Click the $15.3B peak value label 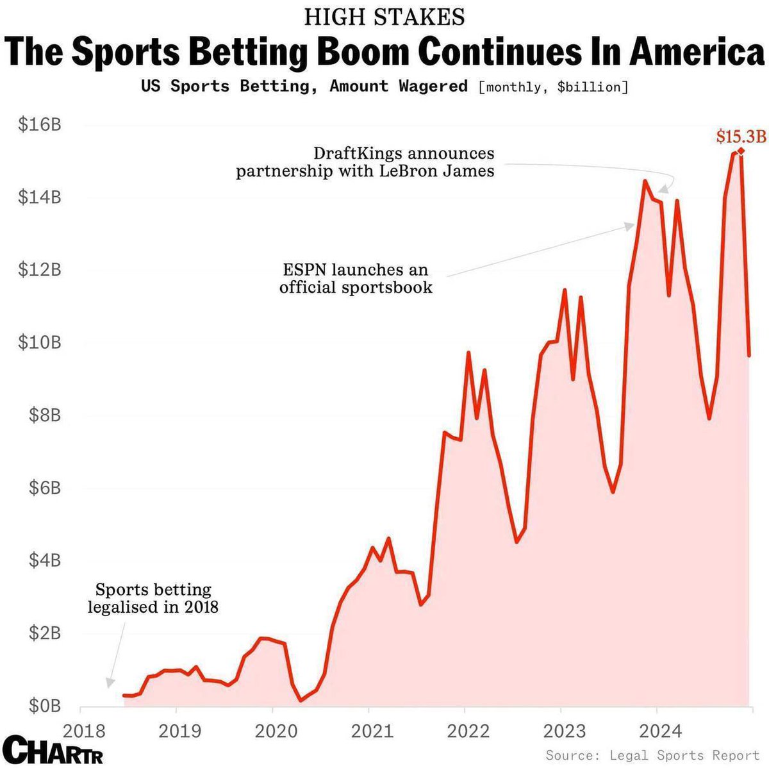[x=741, y=136]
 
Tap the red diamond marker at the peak [x=741, y=151]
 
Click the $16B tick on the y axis [x=40, y=124]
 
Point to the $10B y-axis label [x=40, y=342]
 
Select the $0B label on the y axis [x=44, y=706]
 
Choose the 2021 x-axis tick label [x=368, y=731]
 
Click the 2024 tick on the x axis [x=656, y=731]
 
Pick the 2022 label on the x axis [x=465, y=731]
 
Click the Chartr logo [x=53, y=750]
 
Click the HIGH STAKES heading [x=384, y=17]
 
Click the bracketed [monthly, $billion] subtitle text [x=553, y=87]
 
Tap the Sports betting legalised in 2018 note [x=153, y=597]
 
